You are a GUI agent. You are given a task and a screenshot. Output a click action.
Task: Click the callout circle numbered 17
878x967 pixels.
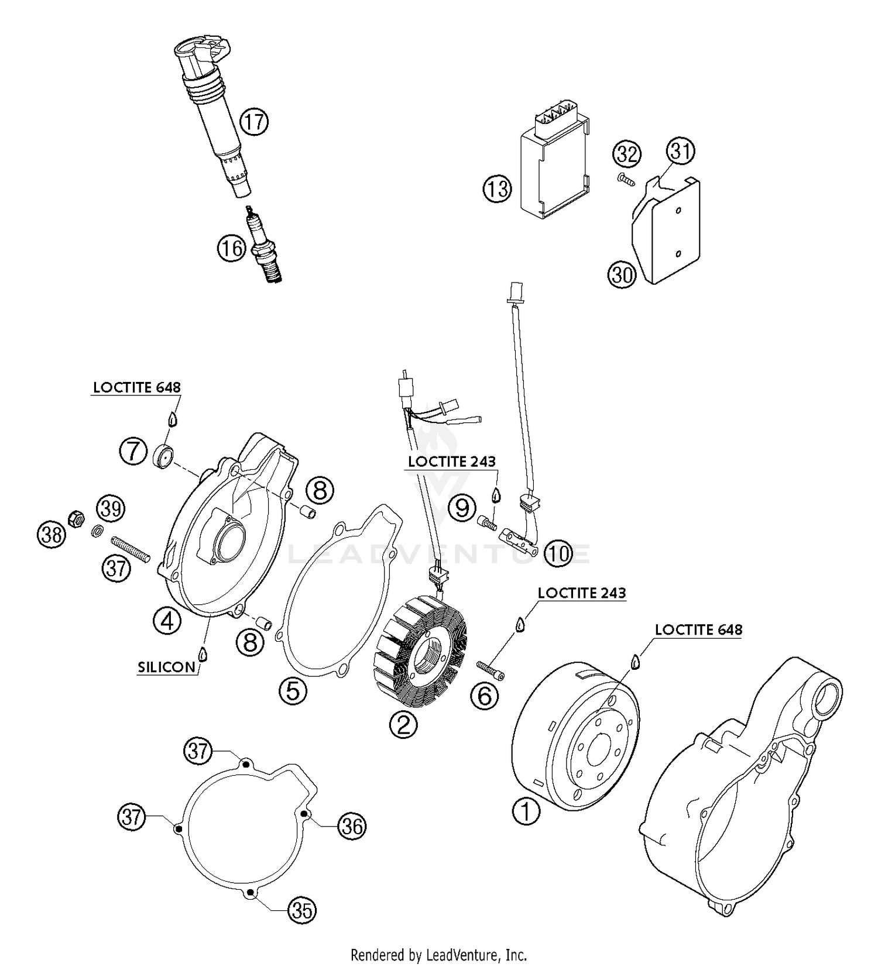[x=254, y=122]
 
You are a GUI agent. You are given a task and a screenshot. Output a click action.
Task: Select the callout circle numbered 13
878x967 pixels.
[x=497, y=189]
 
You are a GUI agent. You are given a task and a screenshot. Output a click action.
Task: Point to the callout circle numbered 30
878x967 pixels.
[x=622, y=273]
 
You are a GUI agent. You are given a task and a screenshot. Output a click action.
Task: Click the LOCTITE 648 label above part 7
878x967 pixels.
[x=137, y=387]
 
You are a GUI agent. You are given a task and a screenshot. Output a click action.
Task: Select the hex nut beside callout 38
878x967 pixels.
[x=76, y=518]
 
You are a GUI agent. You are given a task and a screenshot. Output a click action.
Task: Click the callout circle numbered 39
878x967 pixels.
[x=111, y=508]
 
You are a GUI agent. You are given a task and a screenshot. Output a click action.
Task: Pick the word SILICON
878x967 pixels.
[x=166, y=667]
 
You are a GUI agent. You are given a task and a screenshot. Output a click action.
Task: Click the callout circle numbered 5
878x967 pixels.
[x=293, y=691]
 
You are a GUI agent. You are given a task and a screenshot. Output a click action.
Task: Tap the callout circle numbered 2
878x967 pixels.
[x=404, y=725]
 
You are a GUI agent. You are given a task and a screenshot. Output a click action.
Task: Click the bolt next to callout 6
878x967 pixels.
[x=491, y=670]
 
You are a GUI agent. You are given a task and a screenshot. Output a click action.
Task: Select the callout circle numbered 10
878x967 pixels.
[x=558, y=553]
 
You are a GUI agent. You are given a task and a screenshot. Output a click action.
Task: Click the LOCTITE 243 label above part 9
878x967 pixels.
[x=451, y=462]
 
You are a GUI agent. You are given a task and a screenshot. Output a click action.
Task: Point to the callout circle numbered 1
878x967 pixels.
[x=526, y=811]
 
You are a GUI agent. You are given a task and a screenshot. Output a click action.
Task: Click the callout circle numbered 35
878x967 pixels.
[x=302, y=910]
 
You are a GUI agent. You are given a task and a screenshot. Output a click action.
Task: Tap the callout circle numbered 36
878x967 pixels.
[x=353, y=826]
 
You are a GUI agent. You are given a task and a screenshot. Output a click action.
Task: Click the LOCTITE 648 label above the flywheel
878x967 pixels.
[x=698, y=630]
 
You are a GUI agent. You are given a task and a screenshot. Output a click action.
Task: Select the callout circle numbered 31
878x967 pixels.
[x=681, y=152]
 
